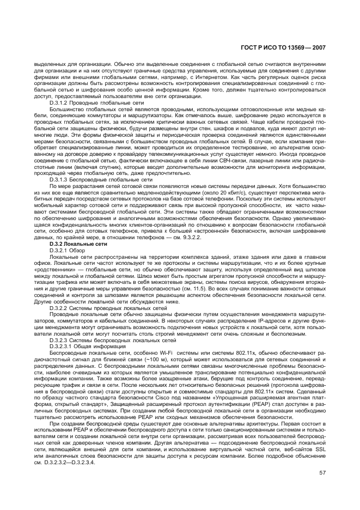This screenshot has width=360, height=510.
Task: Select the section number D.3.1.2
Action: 61,103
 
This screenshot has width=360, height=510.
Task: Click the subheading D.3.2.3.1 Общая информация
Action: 88,347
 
